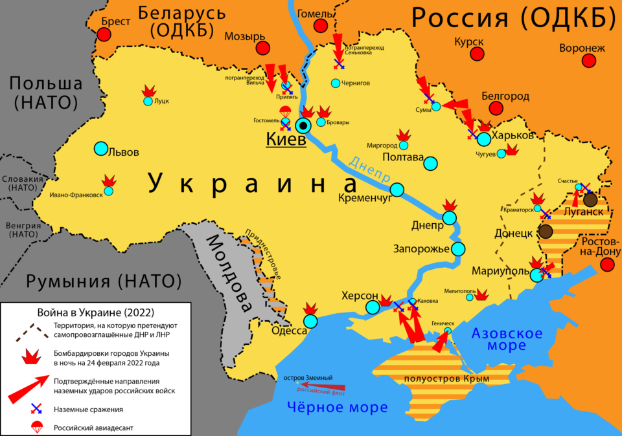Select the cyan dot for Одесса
(311, 320)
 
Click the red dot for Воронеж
(589, 61)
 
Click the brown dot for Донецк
(546, 232)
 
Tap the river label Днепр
(370, 169)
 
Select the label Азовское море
(507, 340)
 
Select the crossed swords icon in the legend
(36, 409)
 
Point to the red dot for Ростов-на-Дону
(607, 264)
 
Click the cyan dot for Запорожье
(459, 248)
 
